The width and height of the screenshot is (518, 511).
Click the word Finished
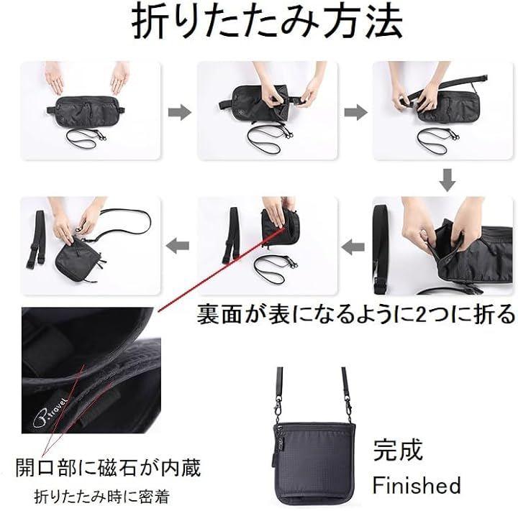pyautogui.click(x=417, y=485)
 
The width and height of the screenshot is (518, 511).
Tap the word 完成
pyautogui.click(x=398, y=450)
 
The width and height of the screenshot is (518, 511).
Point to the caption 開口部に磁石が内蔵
pyautogui.click(x=108, y=468)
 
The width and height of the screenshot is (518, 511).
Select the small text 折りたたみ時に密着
pyautogui.click(x=101, y=497)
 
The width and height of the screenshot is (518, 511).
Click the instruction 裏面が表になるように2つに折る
pyautogui.click(x=356, y=313)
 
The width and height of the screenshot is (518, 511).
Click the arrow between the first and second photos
pyautogui.click(x=179, y=112)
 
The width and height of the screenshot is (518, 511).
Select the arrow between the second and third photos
pyautogui.click(x=356, y=112)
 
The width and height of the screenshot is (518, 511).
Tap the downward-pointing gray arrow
pyautogui.click(x=447, y=180)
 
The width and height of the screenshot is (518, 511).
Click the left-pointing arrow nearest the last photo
pyautogui.click(x=178, y=246)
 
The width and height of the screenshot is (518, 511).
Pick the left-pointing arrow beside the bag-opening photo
pyautogui.click(x=353, y=247)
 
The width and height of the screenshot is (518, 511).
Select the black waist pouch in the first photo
pyautogui.click(x=85, y=111)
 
